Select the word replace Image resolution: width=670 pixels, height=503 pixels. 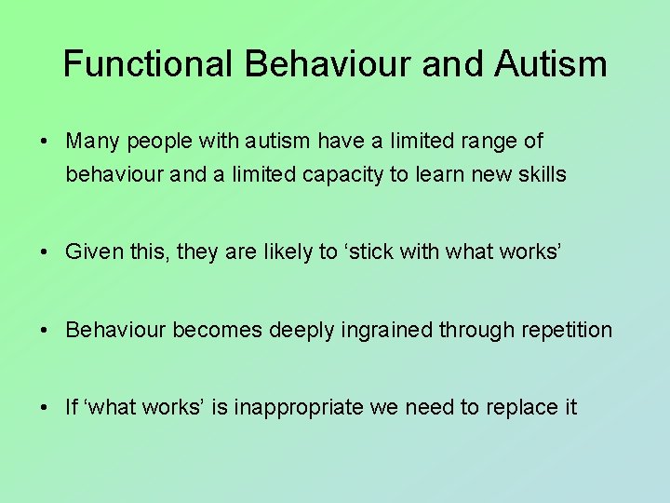(x=523, y=407)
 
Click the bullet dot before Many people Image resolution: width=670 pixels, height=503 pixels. (x=44, y=143)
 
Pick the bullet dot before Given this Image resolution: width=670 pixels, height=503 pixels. (x=44, y=252)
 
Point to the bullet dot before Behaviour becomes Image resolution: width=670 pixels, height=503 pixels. (x=44, y=331)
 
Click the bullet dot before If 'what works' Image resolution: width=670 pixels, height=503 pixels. (x=44, y=408)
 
